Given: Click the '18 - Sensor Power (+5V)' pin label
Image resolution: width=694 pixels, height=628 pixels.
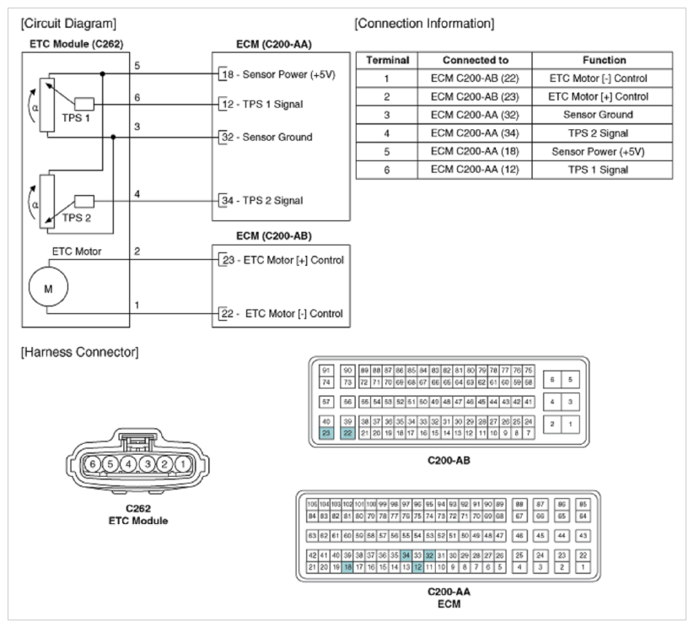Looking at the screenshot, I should point(278,74).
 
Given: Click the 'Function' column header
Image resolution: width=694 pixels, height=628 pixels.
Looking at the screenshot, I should point(606,61).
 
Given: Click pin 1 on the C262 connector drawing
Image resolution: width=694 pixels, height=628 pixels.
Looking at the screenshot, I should point(181,463).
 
